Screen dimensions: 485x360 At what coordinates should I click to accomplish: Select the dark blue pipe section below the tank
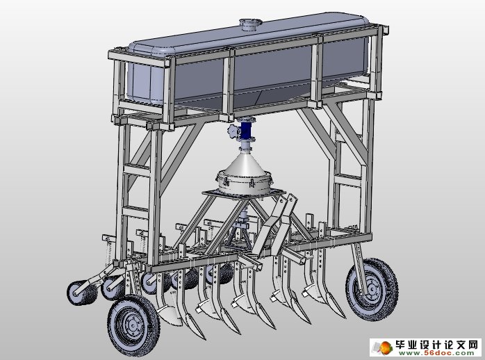pyautogui.click(x=246, y=130)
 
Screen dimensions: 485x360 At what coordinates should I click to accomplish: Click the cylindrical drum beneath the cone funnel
pyautogui.click(x=245, y=183)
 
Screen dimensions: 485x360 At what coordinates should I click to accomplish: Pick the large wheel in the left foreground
pyautogui.click(x=133, y=325)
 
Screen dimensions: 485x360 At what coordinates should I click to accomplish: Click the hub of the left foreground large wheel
pyautogui.click(x=133, y=325)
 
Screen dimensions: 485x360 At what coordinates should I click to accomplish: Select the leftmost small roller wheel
pyautogui.click(x=79, y=293)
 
